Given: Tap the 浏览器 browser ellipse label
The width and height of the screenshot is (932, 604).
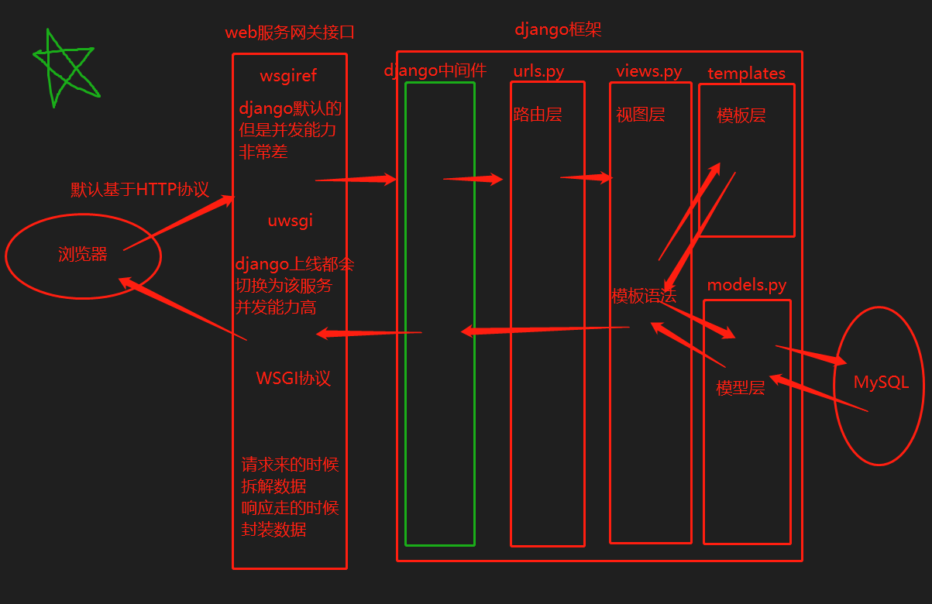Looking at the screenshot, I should pos(82,255).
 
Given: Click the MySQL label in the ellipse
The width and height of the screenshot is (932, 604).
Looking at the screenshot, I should pos(881,383).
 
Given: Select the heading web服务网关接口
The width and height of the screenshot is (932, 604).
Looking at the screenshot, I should pos(290,33).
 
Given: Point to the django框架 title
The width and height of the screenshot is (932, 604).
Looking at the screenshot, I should pos(558,29).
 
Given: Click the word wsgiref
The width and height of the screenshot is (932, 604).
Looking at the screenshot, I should pos(288,76).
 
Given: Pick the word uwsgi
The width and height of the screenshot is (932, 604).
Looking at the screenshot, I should pos(290,221).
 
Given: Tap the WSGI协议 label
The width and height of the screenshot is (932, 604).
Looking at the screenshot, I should pos(293,379).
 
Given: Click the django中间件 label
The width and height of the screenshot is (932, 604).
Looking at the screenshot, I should pos(435,70).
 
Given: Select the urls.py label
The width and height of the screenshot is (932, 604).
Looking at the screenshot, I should pos(538,71).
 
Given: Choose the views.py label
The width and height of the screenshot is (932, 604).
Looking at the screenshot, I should pos(649,71).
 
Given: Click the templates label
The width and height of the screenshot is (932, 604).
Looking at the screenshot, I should pos(746,74).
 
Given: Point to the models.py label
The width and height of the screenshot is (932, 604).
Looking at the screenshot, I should pos(746,285).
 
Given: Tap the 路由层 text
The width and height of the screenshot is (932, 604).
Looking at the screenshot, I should pos(537,115).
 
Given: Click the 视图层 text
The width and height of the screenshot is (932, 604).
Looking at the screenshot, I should pos(641,115).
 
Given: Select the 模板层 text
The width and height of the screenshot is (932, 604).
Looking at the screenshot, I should pos(741,116).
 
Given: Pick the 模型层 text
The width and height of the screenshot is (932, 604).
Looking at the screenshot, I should pos(741,388).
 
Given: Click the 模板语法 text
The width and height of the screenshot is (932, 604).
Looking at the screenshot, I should pos(644,296).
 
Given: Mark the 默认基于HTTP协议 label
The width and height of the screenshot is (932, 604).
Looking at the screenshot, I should pos(139,190).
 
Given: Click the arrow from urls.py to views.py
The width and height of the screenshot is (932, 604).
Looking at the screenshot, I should pos(586,178).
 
